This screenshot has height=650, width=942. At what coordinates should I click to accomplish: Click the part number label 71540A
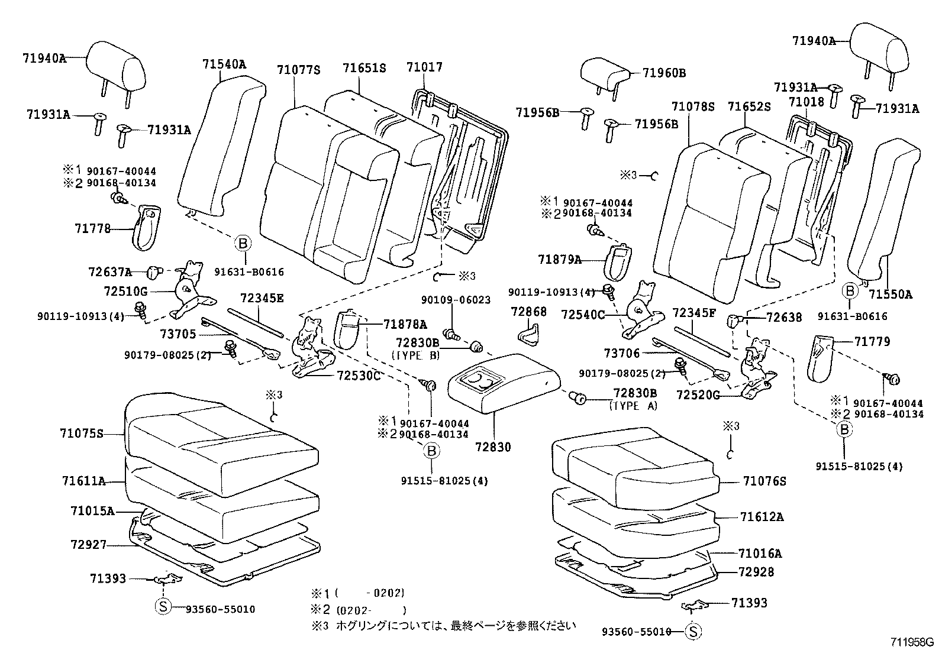pyautogui.click(x=224, y=64)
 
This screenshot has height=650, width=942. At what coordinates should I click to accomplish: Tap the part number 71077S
pyautogui.click(x=298, y=70)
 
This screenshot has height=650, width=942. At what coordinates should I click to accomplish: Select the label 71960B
pyautogui.click(x=664, y=73)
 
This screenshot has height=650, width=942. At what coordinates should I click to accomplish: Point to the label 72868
pyautogui.click(x=528, y=312)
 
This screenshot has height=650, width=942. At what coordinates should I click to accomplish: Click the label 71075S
pyautogui.click(x=82, y=434)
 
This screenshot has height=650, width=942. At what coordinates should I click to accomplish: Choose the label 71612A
pyautogui.click(x=762, y=517)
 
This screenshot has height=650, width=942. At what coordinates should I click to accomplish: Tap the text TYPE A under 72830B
pyautogui.click(x=633, y=406)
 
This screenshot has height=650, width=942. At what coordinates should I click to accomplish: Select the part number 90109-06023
pyautogui.click(x=456, y=300)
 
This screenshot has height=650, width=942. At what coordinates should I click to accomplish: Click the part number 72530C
pyautogui.click(x=359, y=376)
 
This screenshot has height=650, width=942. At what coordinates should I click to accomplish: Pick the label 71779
pyautogui.click(x=872, y=341)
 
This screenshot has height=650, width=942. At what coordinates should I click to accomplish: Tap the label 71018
pyautogui.click(x=806, y=102)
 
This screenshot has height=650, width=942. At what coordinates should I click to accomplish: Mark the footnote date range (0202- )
pyautogui.click(x=371, y=610)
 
